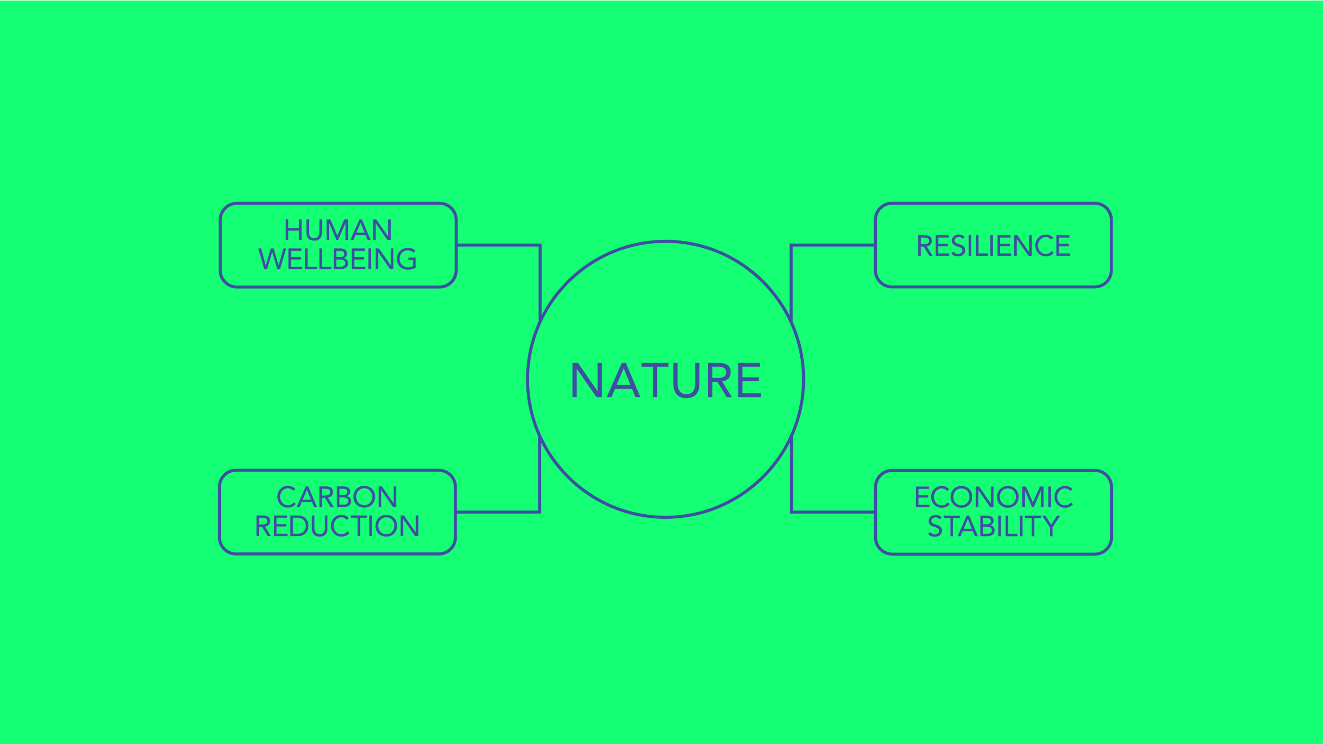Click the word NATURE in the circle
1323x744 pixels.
coord(666,380)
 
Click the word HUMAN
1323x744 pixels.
coord(338,230)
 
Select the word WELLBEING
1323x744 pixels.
coord(337,259)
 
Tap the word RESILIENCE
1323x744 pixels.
coord(993,246)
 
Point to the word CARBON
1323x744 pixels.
coord(337,497)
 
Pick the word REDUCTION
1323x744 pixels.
coord(337,526)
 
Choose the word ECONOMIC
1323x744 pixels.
coord(993,497)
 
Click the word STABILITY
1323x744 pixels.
coord(993,526)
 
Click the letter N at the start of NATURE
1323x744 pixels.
coord(586,380)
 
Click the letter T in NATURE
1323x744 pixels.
coord(655,380)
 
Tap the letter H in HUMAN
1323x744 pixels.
coord(293,230)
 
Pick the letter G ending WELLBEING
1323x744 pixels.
coord(407,259)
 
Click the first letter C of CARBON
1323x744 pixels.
coord(286,497)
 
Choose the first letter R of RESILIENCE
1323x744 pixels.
coord(924,246)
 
